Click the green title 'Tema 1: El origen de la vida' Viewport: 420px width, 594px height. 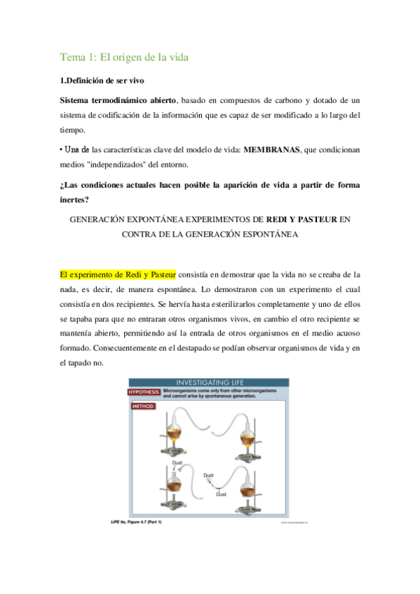[x=125, y=56]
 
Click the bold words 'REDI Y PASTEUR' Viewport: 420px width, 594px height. [x=301, y=219]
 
